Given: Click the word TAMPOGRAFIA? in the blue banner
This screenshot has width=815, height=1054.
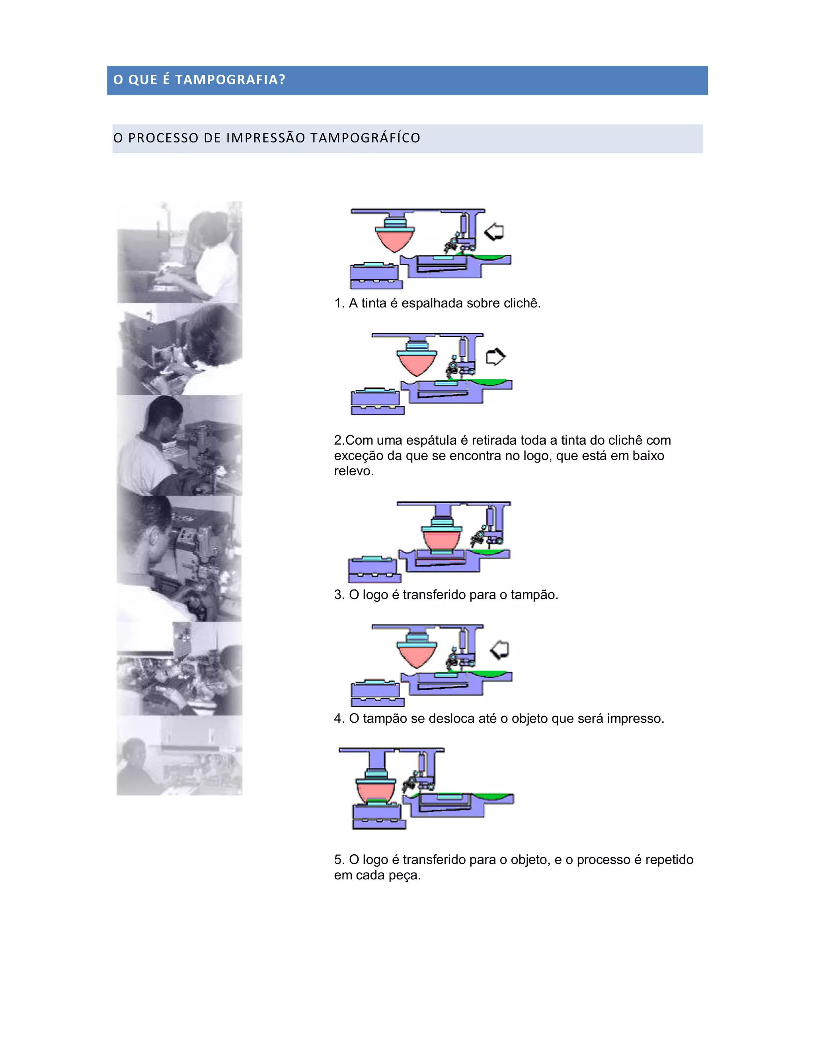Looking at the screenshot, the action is [x=230, y=80].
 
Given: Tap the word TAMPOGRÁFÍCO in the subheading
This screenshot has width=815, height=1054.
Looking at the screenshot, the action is [x=365, y=138].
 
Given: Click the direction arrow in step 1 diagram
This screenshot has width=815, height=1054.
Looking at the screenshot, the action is [x=494, y=232].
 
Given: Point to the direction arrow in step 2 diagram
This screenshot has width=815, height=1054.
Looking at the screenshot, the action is [x=495, y=357].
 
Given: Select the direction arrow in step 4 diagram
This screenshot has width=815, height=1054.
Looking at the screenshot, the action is [x=500, y=650].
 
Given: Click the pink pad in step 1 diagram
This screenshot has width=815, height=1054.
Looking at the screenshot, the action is [x=394, y=240].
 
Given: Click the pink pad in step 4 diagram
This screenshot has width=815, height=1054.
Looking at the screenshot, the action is [x=416, y=655].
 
